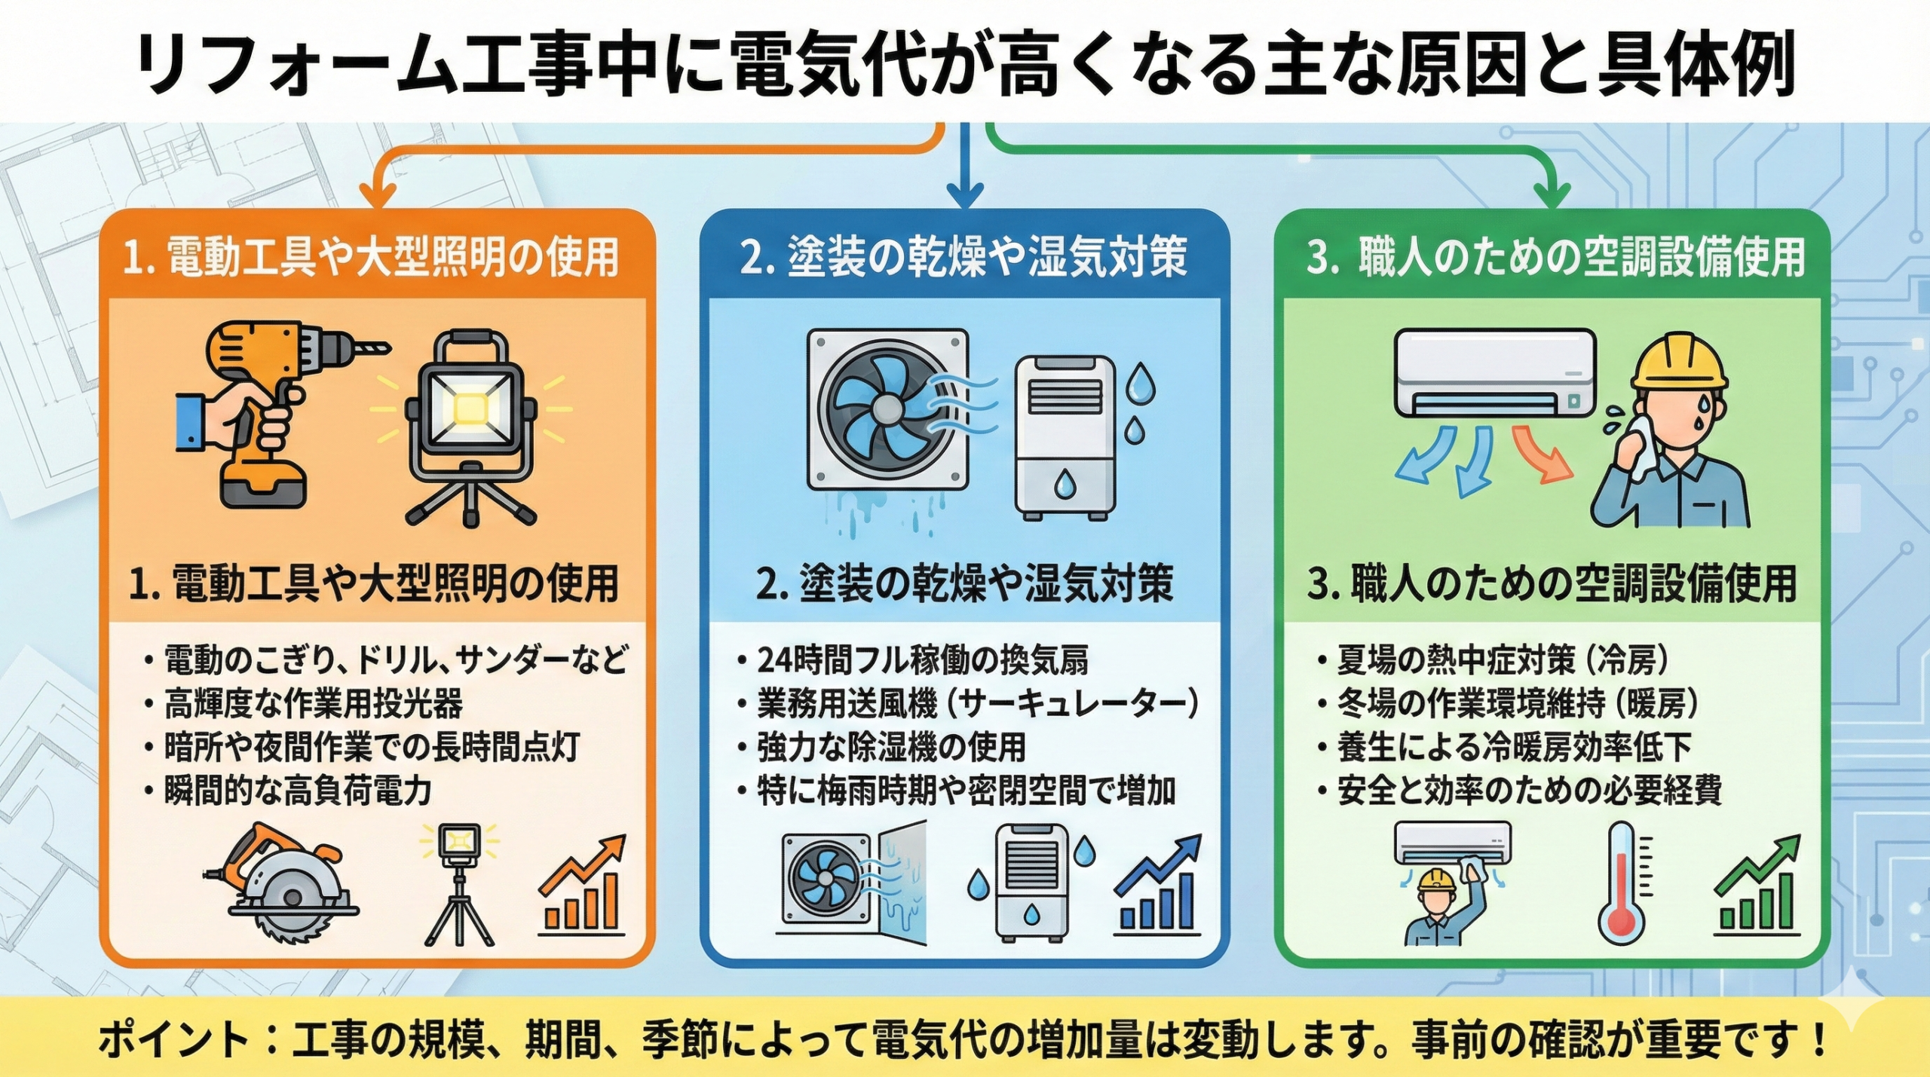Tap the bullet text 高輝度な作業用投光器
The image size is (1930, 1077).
point(313,705)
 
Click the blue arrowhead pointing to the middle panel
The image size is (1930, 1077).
point(964,197)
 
